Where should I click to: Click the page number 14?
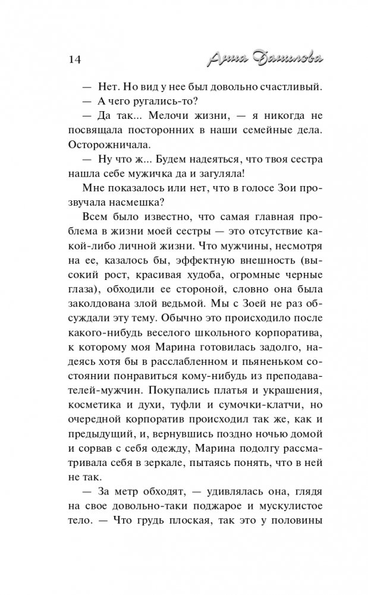[70, 59]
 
